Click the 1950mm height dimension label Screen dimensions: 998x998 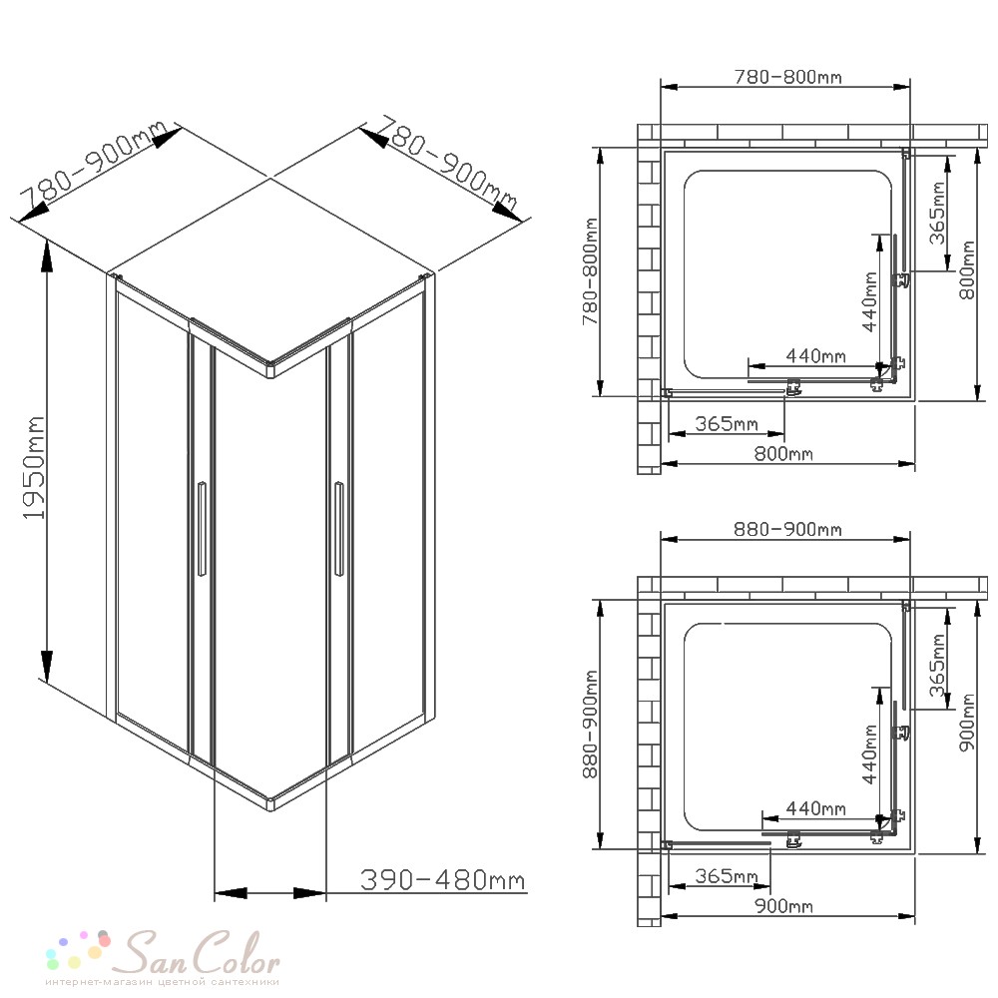[x=34, y=468]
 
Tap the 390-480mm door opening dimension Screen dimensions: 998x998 [x=443, y=879]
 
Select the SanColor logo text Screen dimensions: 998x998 [x=202, y=953]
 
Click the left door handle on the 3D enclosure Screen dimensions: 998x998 [x=202, y=529]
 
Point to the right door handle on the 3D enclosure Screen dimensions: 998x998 [x=338, y=529]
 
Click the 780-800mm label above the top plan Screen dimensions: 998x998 [x=788, y=77]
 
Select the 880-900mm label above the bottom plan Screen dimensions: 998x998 [x=788, y=529]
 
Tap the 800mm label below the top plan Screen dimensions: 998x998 [x=783, y=454]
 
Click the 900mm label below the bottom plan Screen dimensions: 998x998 [x=783, y=906]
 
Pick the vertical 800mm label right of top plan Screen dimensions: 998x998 [x=967, y=269]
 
